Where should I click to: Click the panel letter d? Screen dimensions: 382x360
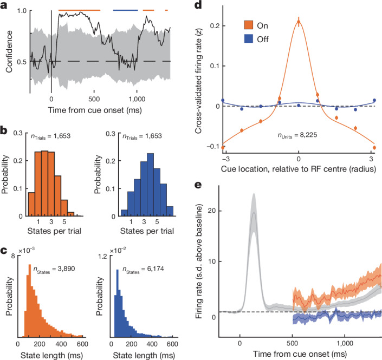pyautogui.click(x=198, y=5)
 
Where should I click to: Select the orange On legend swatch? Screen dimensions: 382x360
pyautogui.click(x=249, y=25)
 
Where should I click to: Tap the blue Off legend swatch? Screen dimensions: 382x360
pyautogui.click(x=249, y=39)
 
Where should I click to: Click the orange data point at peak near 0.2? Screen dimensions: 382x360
pyautogui.click(x=299, y=22)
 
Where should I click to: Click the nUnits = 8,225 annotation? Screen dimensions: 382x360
pyautogui.click(x=297, y=135)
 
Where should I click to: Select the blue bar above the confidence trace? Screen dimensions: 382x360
pyautogui.click(x=126, y=10)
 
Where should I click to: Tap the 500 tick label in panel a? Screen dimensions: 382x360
pyautogui.click(x=94, y=99)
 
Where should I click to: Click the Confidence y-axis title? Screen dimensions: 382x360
pyautogui.click(x=9, y=51)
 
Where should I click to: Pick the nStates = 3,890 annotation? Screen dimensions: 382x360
pyautogui.click(x=54, y=270)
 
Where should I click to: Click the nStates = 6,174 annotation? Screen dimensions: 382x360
pyautogui.click(x=143, y=270)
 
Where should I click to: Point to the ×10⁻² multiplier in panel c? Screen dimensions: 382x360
pyautogui.click(x=118, y=250)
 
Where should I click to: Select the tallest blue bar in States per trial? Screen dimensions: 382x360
pyautogui.click(x=150, y=185)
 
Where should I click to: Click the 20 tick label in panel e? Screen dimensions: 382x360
pyautogui.click(x=212, y=211)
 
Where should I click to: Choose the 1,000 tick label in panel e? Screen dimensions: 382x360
pyautogui.click(x=345, y=343)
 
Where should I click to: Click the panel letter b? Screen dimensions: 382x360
pyautogui.click(x=4, y=131)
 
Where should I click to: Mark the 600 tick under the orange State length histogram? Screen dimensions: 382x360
pyautogui.click(x=82, y=344)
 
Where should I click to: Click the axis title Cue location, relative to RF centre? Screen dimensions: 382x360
pyautogui.click(x=298, y=169)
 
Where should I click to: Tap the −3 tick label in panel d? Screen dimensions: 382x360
pyautogui.click(x=225, y=159)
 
